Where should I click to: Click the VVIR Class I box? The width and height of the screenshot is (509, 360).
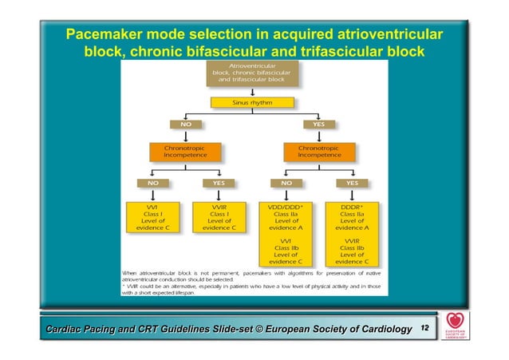(x=218, y=217)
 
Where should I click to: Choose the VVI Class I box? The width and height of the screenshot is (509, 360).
(x=152, y=217)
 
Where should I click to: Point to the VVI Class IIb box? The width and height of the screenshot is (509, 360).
(x=286, y=251)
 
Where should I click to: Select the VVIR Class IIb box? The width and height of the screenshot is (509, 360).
(x=351, y=251)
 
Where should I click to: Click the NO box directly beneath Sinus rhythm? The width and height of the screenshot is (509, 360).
(x=184, y=125)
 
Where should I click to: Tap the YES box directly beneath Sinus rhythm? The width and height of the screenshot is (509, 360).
(x=318, y=125)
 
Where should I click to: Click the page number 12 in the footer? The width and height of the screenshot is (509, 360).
(x=424, y=328)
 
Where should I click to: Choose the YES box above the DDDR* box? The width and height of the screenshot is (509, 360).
(x=351, y=182)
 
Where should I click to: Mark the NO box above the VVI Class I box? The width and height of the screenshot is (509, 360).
(x=152, y=182)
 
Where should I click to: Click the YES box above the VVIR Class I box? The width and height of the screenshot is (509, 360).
(x=218, y=182)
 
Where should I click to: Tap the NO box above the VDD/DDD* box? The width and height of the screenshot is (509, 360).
(x=286, y=182)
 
